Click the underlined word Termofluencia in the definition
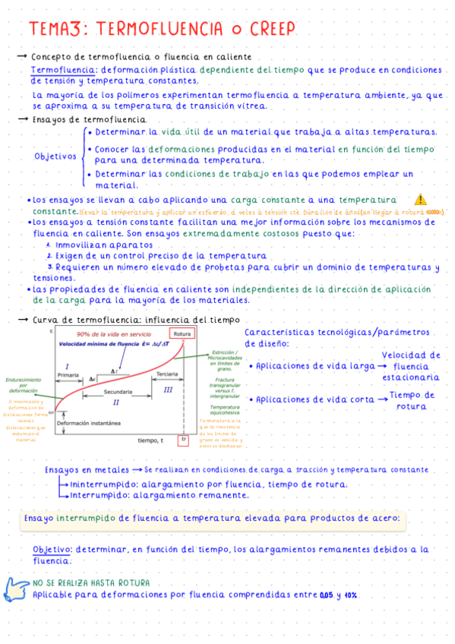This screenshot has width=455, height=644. (x=57, y=70)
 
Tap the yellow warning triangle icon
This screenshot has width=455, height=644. (x=422, y=200)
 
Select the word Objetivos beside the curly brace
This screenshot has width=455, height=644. (x=55, y=157)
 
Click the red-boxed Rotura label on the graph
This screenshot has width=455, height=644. (x=181, y=335)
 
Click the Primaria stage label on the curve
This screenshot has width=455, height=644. (x=68, y=375)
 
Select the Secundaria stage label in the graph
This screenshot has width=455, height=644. (x=117, y=391)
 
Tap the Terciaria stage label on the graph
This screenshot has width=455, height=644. (x=166, y=374)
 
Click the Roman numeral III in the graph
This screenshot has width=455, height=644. (x=168, y=389)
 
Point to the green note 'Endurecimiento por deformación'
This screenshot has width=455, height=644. (x=24, y=385)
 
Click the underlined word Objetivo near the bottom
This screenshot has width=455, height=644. (x=52, y=549)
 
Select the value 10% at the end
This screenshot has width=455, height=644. (x=350, y=594)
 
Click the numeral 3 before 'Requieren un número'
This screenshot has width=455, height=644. (x=49, y=267)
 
